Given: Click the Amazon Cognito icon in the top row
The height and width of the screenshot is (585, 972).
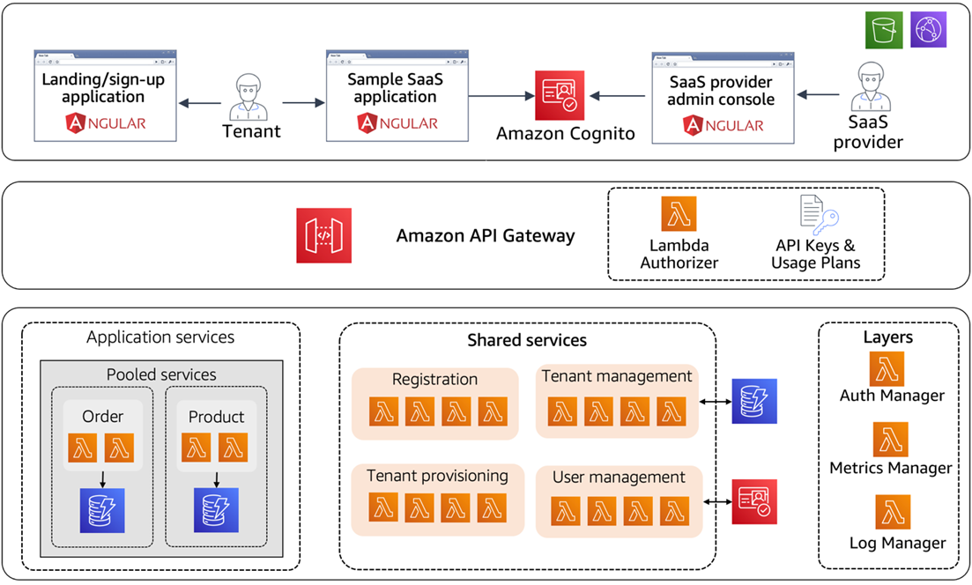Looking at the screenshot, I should click(559, 95).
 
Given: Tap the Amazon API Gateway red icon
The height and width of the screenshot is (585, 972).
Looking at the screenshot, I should click(323, 235).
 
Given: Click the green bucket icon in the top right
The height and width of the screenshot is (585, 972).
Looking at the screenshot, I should click(883, 30).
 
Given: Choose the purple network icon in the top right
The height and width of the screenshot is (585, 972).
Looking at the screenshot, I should click(928, 30).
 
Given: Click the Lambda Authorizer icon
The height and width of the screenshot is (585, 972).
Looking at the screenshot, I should click(679, 214).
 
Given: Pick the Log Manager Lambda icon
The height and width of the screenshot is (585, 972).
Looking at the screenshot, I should click(892, 512).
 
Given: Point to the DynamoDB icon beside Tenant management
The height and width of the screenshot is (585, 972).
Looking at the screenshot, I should click(754, 401).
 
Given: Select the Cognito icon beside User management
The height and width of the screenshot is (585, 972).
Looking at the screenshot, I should click(754, 501).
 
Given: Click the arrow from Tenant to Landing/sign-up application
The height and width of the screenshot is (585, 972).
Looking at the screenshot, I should click(199, 103).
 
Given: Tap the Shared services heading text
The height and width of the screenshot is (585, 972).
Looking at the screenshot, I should click(526, 340).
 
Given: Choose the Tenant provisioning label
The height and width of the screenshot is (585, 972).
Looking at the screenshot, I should click(437, 476).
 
